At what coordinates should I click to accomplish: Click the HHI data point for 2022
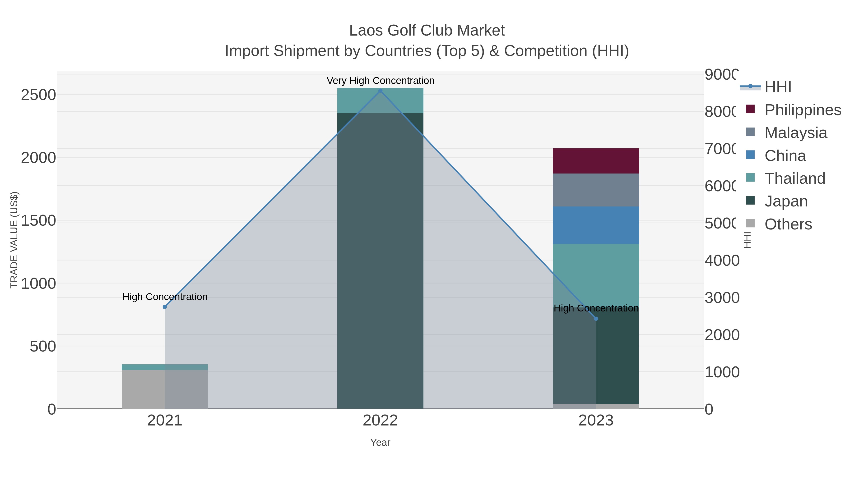point(380,91)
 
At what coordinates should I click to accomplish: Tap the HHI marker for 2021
point(165,307)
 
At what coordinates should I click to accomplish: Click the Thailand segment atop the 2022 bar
point(380,100)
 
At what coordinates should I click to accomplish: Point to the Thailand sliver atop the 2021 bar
point(165,367)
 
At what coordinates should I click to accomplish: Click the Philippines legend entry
point(803,110)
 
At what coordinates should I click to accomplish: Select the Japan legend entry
point(786,201)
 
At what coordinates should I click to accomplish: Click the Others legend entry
point(788,224)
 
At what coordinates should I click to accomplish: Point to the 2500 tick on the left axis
point(38,95)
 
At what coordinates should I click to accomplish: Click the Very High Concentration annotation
point(380,81)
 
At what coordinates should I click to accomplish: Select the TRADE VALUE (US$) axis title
point(14,240)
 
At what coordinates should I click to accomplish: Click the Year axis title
point(380,443)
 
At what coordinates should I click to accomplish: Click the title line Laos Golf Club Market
point(427,31)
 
